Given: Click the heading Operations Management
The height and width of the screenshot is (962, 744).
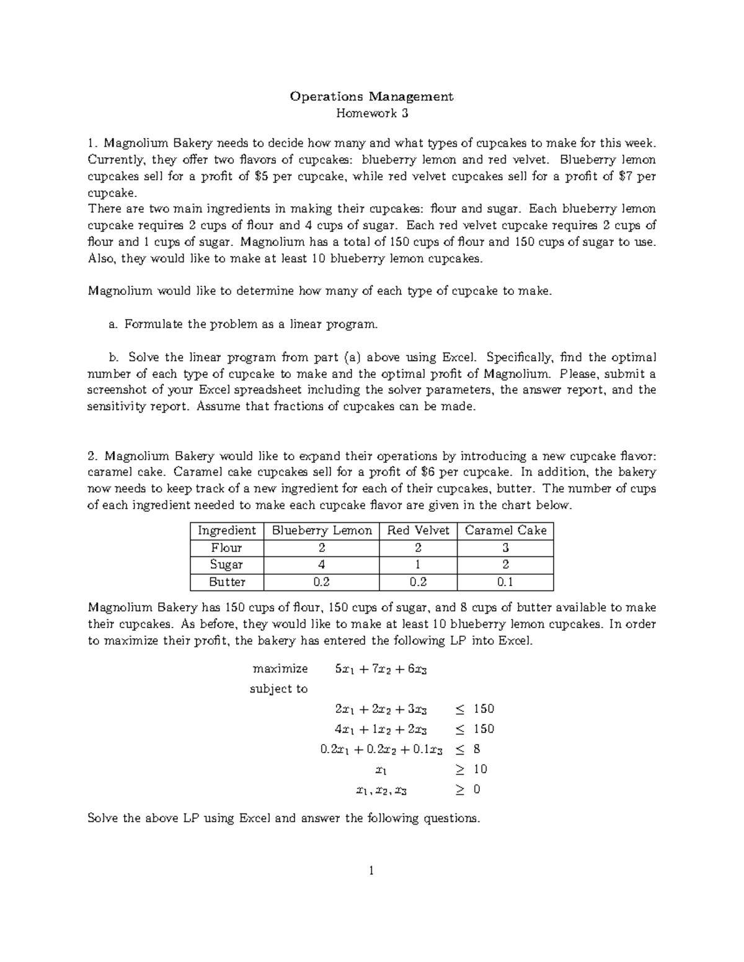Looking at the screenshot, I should pos(371,97).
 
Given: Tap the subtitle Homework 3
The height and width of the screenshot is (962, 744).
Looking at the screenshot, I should pos(371,113).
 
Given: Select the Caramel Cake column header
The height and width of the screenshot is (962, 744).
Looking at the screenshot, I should pos(505,530).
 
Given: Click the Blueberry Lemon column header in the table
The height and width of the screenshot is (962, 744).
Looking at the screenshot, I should pos(322,530).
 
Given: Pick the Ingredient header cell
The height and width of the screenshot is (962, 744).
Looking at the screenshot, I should pos(226,530).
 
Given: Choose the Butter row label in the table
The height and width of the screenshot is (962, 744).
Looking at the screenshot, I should pos(226,582).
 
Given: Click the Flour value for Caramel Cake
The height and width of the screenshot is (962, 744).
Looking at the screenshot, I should pos(505,548).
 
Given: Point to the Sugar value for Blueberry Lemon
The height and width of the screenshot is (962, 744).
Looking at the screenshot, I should pos(322,564).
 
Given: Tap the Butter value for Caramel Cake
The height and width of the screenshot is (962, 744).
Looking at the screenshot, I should pos(505,582).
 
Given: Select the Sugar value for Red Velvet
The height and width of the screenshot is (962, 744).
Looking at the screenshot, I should pos(418,564).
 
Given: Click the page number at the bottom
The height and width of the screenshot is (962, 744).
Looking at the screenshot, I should pos(371,871).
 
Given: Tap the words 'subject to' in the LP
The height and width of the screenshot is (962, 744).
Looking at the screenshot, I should pos(278,689).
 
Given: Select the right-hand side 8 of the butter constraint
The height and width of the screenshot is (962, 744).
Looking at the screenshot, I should pos(476,749).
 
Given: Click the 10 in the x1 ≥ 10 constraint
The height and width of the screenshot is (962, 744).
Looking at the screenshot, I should pos(480,769).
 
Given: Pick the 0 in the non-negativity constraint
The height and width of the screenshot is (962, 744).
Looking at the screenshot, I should pos(476,790).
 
